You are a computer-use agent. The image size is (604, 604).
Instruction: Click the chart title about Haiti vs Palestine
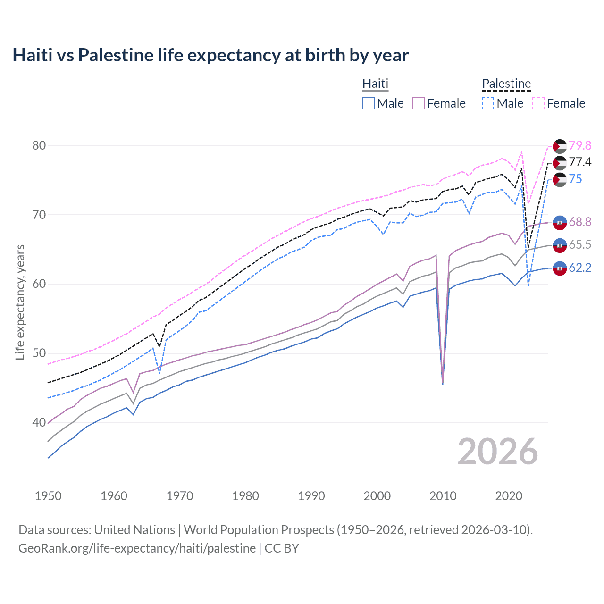pos(210,55)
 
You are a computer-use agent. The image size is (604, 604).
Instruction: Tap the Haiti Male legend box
pos(369,103)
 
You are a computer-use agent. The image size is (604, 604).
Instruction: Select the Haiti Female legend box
pos(419,103)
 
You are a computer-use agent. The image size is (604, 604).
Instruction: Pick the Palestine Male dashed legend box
pos(488,103)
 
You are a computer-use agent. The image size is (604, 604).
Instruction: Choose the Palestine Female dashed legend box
pos(538,103)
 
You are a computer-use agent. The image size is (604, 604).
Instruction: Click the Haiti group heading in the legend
pos(375,84)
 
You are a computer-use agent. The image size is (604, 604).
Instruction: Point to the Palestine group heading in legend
pos(506,84)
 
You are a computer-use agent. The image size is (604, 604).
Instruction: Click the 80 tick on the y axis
pos(39,145)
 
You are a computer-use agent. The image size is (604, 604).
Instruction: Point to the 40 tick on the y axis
pos(39,422)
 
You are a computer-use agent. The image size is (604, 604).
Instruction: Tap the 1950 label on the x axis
pos(48,496)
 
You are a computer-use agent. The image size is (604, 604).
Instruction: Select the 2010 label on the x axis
pos(443,496)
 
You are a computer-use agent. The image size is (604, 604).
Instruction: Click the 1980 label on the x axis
pos(245,496)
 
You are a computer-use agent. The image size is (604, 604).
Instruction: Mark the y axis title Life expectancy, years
pos(20,302)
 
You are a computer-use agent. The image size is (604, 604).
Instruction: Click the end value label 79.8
pos(580,145)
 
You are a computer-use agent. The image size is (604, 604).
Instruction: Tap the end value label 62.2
pos(580,268)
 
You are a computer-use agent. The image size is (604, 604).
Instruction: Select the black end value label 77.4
pos(580,162)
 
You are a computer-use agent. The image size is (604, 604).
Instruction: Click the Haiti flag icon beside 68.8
pos(560,222)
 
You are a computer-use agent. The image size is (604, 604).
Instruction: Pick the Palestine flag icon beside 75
pos(560,179)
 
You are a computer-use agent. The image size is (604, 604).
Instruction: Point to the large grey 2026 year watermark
pos(497,452)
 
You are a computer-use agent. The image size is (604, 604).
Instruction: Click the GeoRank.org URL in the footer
pos(137,548)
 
